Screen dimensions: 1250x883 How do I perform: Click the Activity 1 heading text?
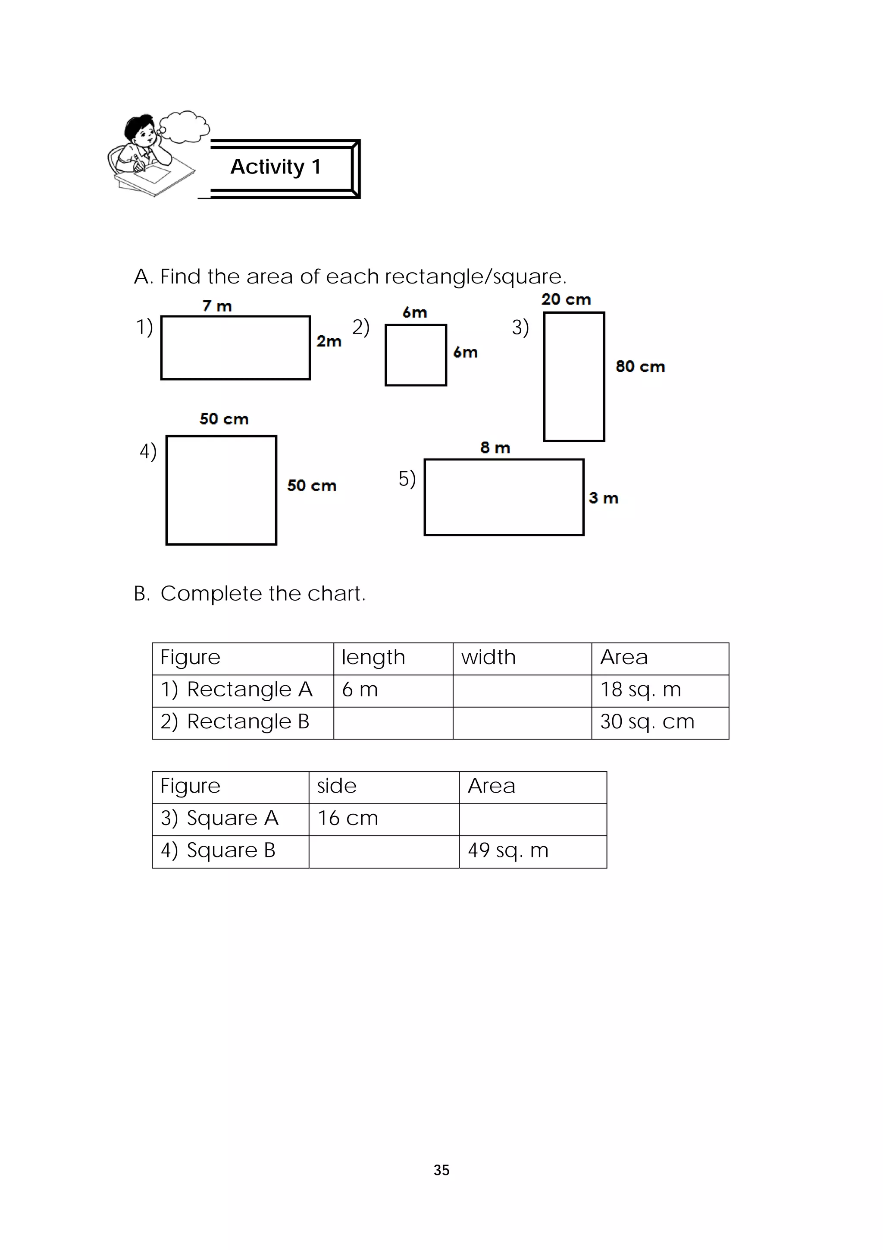point(276,167)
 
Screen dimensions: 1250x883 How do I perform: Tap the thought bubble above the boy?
point(185,126)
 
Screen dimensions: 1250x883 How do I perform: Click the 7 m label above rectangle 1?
point(217,306)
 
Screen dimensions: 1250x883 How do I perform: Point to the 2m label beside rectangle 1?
point(329,341)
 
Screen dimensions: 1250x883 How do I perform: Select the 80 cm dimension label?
point(640,366)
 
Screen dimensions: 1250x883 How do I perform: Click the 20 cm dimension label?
point(566,299)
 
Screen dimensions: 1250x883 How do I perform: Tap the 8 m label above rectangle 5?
point(495,447)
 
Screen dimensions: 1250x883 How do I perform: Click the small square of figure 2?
point(416,355)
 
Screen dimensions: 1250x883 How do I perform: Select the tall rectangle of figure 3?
point(574,376)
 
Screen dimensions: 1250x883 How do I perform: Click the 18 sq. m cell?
point(659,690)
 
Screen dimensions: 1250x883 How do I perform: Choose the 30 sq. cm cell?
point(659,722)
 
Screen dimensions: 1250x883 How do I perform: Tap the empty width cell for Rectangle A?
point(522,690)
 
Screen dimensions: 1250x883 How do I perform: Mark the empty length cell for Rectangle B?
point(393,722)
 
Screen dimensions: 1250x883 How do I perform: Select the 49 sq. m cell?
point(532,851)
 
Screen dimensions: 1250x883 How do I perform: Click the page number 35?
point(441,1170)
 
